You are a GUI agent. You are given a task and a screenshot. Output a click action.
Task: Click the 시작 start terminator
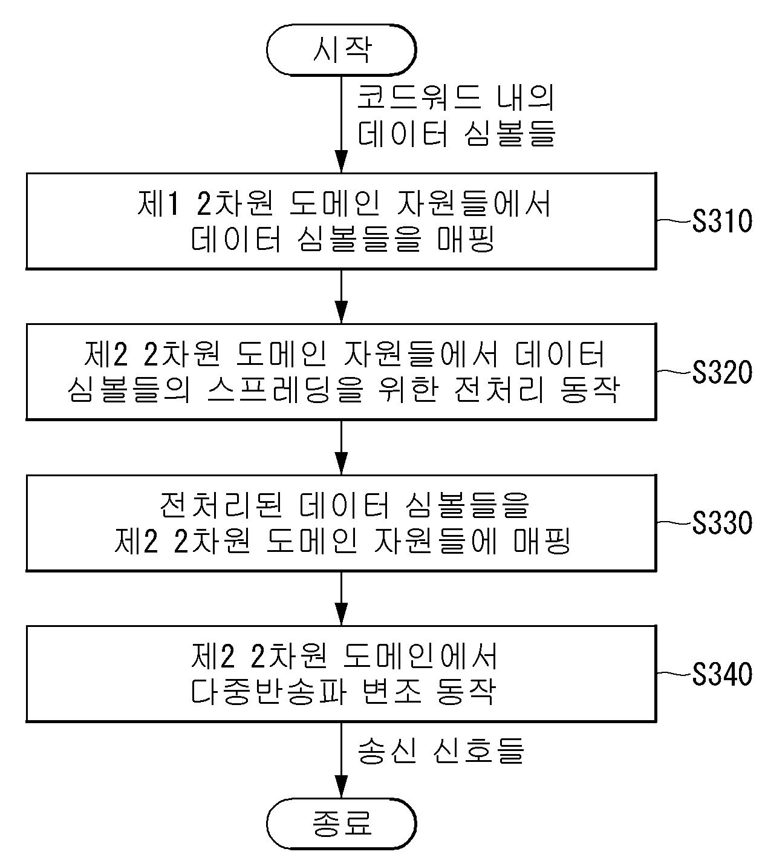pyautogui.click(x=341, y=50)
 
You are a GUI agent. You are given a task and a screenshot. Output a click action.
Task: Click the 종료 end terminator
pyautogui.click(x=341, y=823)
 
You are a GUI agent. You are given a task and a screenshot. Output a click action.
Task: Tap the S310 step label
pyautogui.click(x=722, y=221)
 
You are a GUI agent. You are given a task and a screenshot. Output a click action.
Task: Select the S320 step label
pyautogui.click(x=722, y=372)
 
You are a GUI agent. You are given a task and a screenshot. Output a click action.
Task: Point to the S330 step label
pyautogui.click(x=722, y=523)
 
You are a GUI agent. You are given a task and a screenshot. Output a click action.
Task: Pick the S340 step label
pyautogui.click(x=722, y=674)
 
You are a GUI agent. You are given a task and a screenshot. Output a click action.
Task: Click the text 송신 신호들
pyautogui.click(x=441, y=751)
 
